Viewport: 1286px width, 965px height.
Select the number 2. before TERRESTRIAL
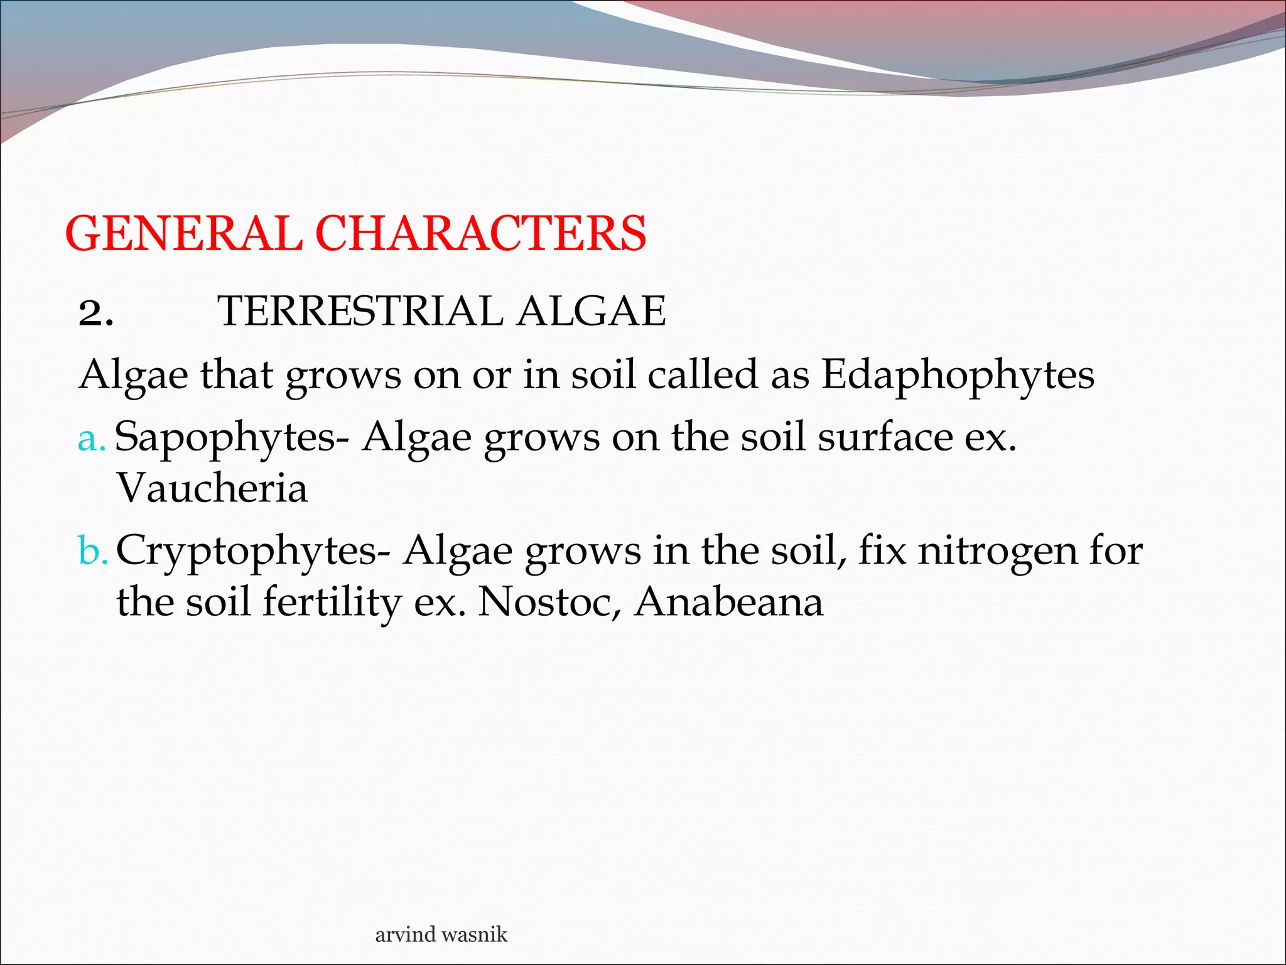pyautogui.click(x=96, y=312)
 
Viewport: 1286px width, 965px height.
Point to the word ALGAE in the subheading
pyautogui.click(x=591, y=312)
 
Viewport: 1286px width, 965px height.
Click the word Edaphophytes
pyautogui.click(x=958, y=376)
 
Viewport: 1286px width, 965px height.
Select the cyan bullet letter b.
pyautogui.click(x=93, y=551)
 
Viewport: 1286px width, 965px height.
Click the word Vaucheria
pyautogui.click(x=212, y=488)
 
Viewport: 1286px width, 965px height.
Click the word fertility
pyautogui.click(x=331, y=602)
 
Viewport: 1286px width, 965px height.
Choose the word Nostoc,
pyautogui.click(x=549, y=602)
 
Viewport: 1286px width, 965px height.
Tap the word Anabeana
pyautogui.click(x=728, y=602)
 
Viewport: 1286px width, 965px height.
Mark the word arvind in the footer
pyautogui.click(x=405, y=935)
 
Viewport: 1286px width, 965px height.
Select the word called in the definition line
pyautogui.click(x=703, y=375)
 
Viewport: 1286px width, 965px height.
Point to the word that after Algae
pyautogui.click(x=236, y=375)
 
